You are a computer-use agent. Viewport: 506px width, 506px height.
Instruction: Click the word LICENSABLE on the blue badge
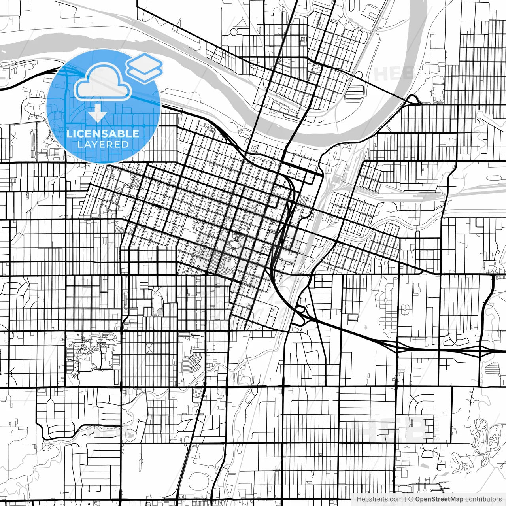(103, 133)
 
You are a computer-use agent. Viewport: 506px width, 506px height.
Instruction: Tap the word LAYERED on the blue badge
(103, 144)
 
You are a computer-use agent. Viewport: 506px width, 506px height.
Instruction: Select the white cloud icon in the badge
(103, 82)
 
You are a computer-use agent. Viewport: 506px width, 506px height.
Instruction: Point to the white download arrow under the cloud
(97, 114)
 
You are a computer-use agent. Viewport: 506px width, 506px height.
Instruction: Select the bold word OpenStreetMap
(439, 499)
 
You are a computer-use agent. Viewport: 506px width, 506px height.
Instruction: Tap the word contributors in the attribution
(483, 499)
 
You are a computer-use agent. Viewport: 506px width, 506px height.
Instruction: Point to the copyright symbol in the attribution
(411, 499)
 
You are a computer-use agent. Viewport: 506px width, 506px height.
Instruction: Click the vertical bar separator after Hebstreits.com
(405, 499)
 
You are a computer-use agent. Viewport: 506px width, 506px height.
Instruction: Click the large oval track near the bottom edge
(200, 481)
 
